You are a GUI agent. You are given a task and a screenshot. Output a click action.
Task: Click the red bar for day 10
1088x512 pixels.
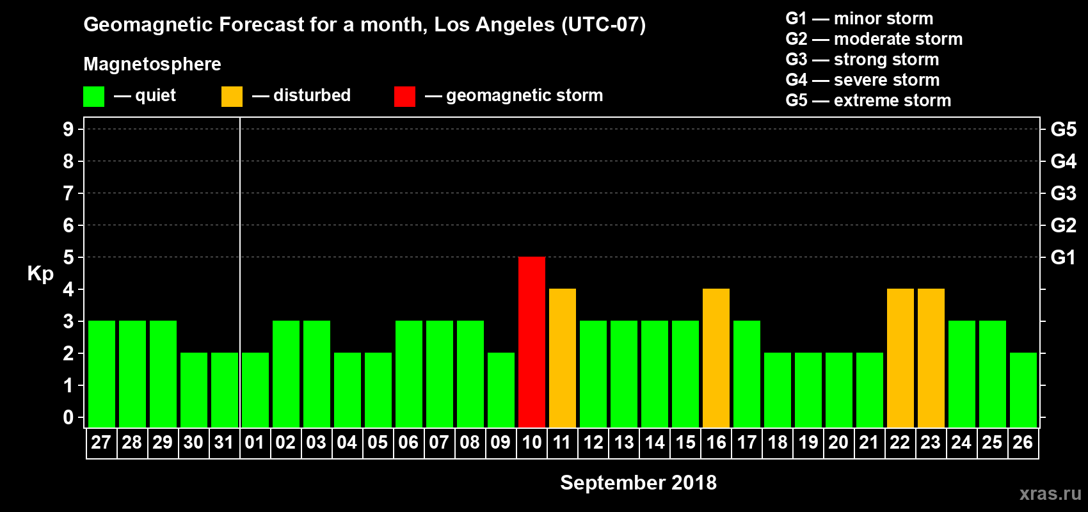[x=532, y=342]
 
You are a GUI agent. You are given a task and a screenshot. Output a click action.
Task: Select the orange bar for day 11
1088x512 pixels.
[x=563, y=358]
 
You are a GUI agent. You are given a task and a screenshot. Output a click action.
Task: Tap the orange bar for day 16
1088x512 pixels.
[x=716, y=358]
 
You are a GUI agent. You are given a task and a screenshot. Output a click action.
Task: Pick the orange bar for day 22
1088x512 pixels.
[x=900, y=358]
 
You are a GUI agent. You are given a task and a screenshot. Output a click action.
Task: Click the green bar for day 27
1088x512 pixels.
[x=102, y=374]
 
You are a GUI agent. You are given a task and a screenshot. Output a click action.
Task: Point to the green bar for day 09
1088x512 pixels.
[x=501, y=390]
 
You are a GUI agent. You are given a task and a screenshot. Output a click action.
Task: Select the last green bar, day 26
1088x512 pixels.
[x=1023, y=390]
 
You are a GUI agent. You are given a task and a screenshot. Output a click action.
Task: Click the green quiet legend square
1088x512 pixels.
[x=93, y=97]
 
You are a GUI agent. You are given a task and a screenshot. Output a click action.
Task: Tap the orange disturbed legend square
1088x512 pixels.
[x=232, y=97]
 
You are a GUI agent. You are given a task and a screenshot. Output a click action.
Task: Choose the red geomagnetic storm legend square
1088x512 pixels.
[x=404, y=97]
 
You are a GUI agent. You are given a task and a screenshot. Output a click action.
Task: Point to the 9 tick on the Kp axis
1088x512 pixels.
[x=68, y=129]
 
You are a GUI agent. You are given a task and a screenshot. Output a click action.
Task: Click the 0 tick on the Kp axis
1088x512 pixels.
[x=68, y=418]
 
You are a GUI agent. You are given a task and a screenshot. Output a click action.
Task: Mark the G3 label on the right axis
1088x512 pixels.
[x=1063, y=193]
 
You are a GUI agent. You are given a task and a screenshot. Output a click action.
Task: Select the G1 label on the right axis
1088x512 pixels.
[x=1063, y=257]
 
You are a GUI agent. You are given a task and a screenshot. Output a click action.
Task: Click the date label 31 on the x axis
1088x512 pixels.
[x=224, y=442]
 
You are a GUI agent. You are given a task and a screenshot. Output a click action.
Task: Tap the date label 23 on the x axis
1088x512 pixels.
[x=931, y=442]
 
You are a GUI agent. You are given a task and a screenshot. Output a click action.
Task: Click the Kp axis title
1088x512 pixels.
[x=40, y=273]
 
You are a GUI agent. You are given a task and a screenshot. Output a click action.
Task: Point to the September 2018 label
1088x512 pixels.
[x=638, y=483]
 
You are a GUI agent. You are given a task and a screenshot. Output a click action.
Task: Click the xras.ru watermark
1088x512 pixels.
[x=1050, y=493]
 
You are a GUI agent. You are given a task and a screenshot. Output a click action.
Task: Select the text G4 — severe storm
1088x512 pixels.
[x=862, y=80]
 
